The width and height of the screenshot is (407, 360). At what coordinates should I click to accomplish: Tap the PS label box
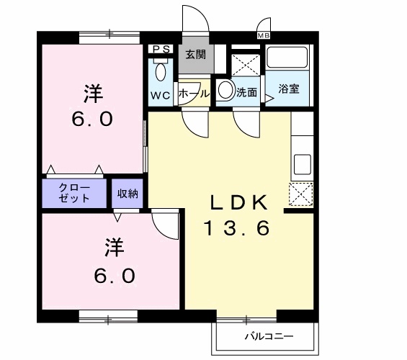[160, 50]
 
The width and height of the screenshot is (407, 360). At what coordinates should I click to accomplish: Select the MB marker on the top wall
[262, 34]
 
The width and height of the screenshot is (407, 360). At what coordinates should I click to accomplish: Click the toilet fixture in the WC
[160, 72]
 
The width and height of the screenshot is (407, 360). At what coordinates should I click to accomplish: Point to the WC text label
[160, 95]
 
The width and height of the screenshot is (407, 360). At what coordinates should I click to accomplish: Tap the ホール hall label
[193, 94]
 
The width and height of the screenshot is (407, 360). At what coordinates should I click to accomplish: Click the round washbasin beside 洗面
[225, 91]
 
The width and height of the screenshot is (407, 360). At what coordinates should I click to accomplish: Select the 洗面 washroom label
[246, 93]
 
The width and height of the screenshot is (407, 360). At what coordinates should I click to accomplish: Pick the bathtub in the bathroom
[289, 58]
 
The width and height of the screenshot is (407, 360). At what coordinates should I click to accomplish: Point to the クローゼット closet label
[74, 192]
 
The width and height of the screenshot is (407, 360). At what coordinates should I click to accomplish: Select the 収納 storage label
[128, 192]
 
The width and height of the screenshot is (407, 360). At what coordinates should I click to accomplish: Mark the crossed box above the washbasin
[245, 61]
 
